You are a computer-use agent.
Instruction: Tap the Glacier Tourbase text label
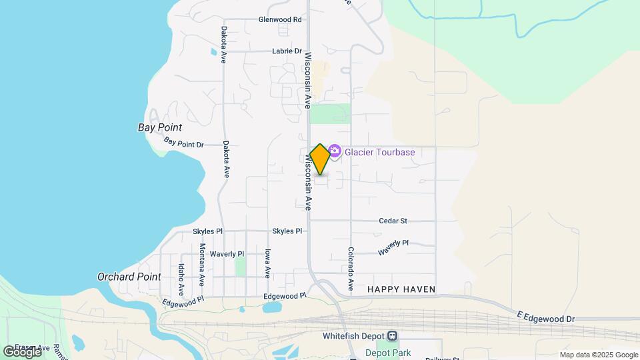[x=379, y=152]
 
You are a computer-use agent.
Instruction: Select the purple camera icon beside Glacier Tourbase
[x=335, y=153]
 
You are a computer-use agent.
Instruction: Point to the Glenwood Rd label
[x=280, y=19]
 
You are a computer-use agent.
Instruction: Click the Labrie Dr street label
[x=287, y=51]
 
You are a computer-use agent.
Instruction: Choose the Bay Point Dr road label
[x=183, y=143]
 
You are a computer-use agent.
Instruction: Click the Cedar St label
[x=393, y=221]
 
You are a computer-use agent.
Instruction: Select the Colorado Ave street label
[x=350, y=268]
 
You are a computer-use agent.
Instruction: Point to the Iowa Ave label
[x=267, y=263]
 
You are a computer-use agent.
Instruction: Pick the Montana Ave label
[x=202, y=261]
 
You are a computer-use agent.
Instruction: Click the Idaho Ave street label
[x=181, y=279]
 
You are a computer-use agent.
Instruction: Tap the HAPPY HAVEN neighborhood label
[x=401, y=289]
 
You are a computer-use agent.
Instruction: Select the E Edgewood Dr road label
[x=545, y=316]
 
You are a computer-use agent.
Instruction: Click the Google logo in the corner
[x=21, y=352]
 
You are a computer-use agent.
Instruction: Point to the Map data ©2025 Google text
[x=599, y=355]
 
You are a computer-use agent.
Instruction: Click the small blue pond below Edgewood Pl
[x=271, y=307]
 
